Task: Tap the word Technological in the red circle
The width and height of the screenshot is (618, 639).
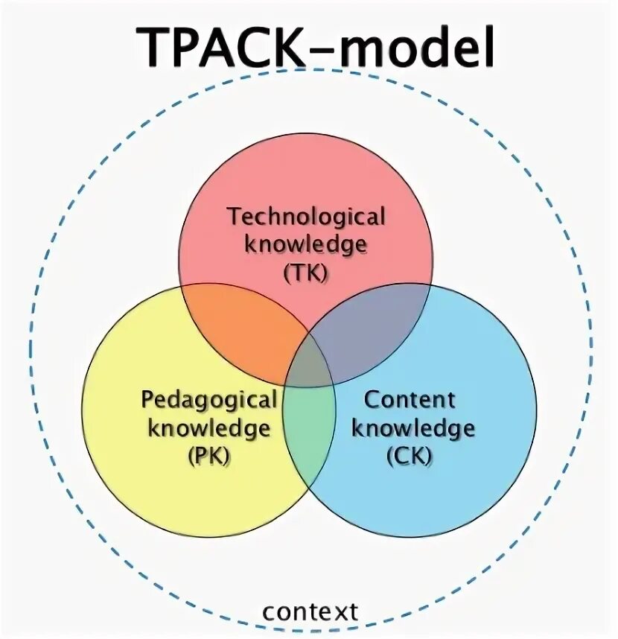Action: point(306,217)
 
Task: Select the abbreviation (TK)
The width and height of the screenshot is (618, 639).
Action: point(305,273)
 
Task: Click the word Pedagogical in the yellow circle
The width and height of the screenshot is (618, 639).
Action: point(208,400)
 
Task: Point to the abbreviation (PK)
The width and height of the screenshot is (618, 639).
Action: point(208,455)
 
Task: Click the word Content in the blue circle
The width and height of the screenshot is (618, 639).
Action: point(409,400)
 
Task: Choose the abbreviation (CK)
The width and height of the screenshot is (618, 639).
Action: point(409,455)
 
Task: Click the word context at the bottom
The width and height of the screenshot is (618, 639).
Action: point(310,612)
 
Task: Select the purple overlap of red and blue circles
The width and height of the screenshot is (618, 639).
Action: point(372,328)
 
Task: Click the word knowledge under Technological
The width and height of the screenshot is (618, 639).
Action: point(305,245)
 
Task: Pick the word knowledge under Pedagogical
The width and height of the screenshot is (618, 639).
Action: point(208,428)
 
